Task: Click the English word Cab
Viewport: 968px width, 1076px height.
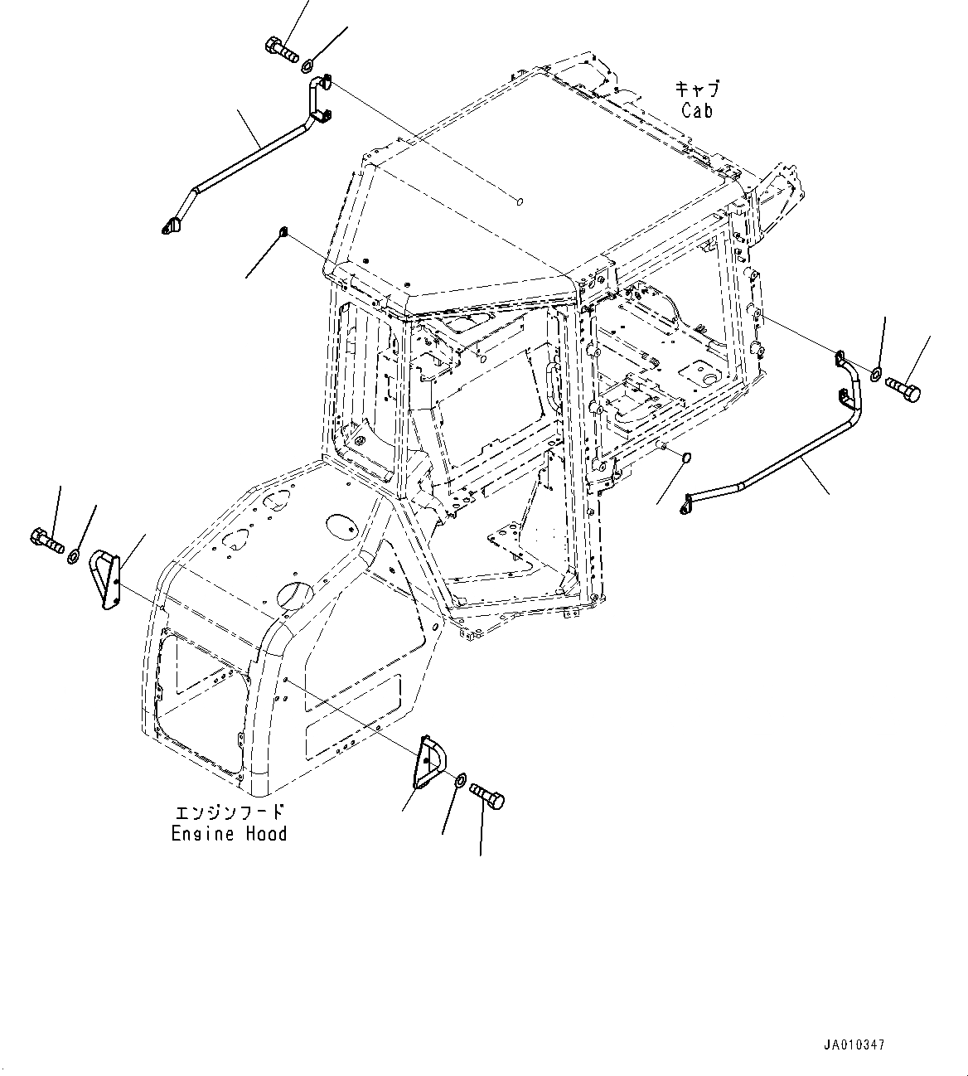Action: click(x=697, y=109)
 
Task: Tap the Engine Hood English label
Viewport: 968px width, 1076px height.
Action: click(x=229, y=833)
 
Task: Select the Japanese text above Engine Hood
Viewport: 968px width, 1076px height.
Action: click(x=230, y=812)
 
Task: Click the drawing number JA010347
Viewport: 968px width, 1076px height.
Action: click(x=854, y=1045)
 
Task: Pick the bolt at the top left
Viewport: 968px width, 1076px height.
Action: click(x=282, y=50)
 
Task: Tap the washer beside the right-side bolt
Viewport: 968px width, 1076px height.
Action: click(x=875, y=375)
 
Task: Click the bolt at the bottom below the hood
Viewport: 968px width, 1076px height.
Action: click(x=487, y=797)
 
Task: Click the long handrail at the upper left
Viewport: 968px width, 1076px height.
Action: click(x=249, y=153)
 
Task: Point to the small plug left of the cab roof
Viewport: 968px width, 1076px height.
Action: click(x=283, y=231)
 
